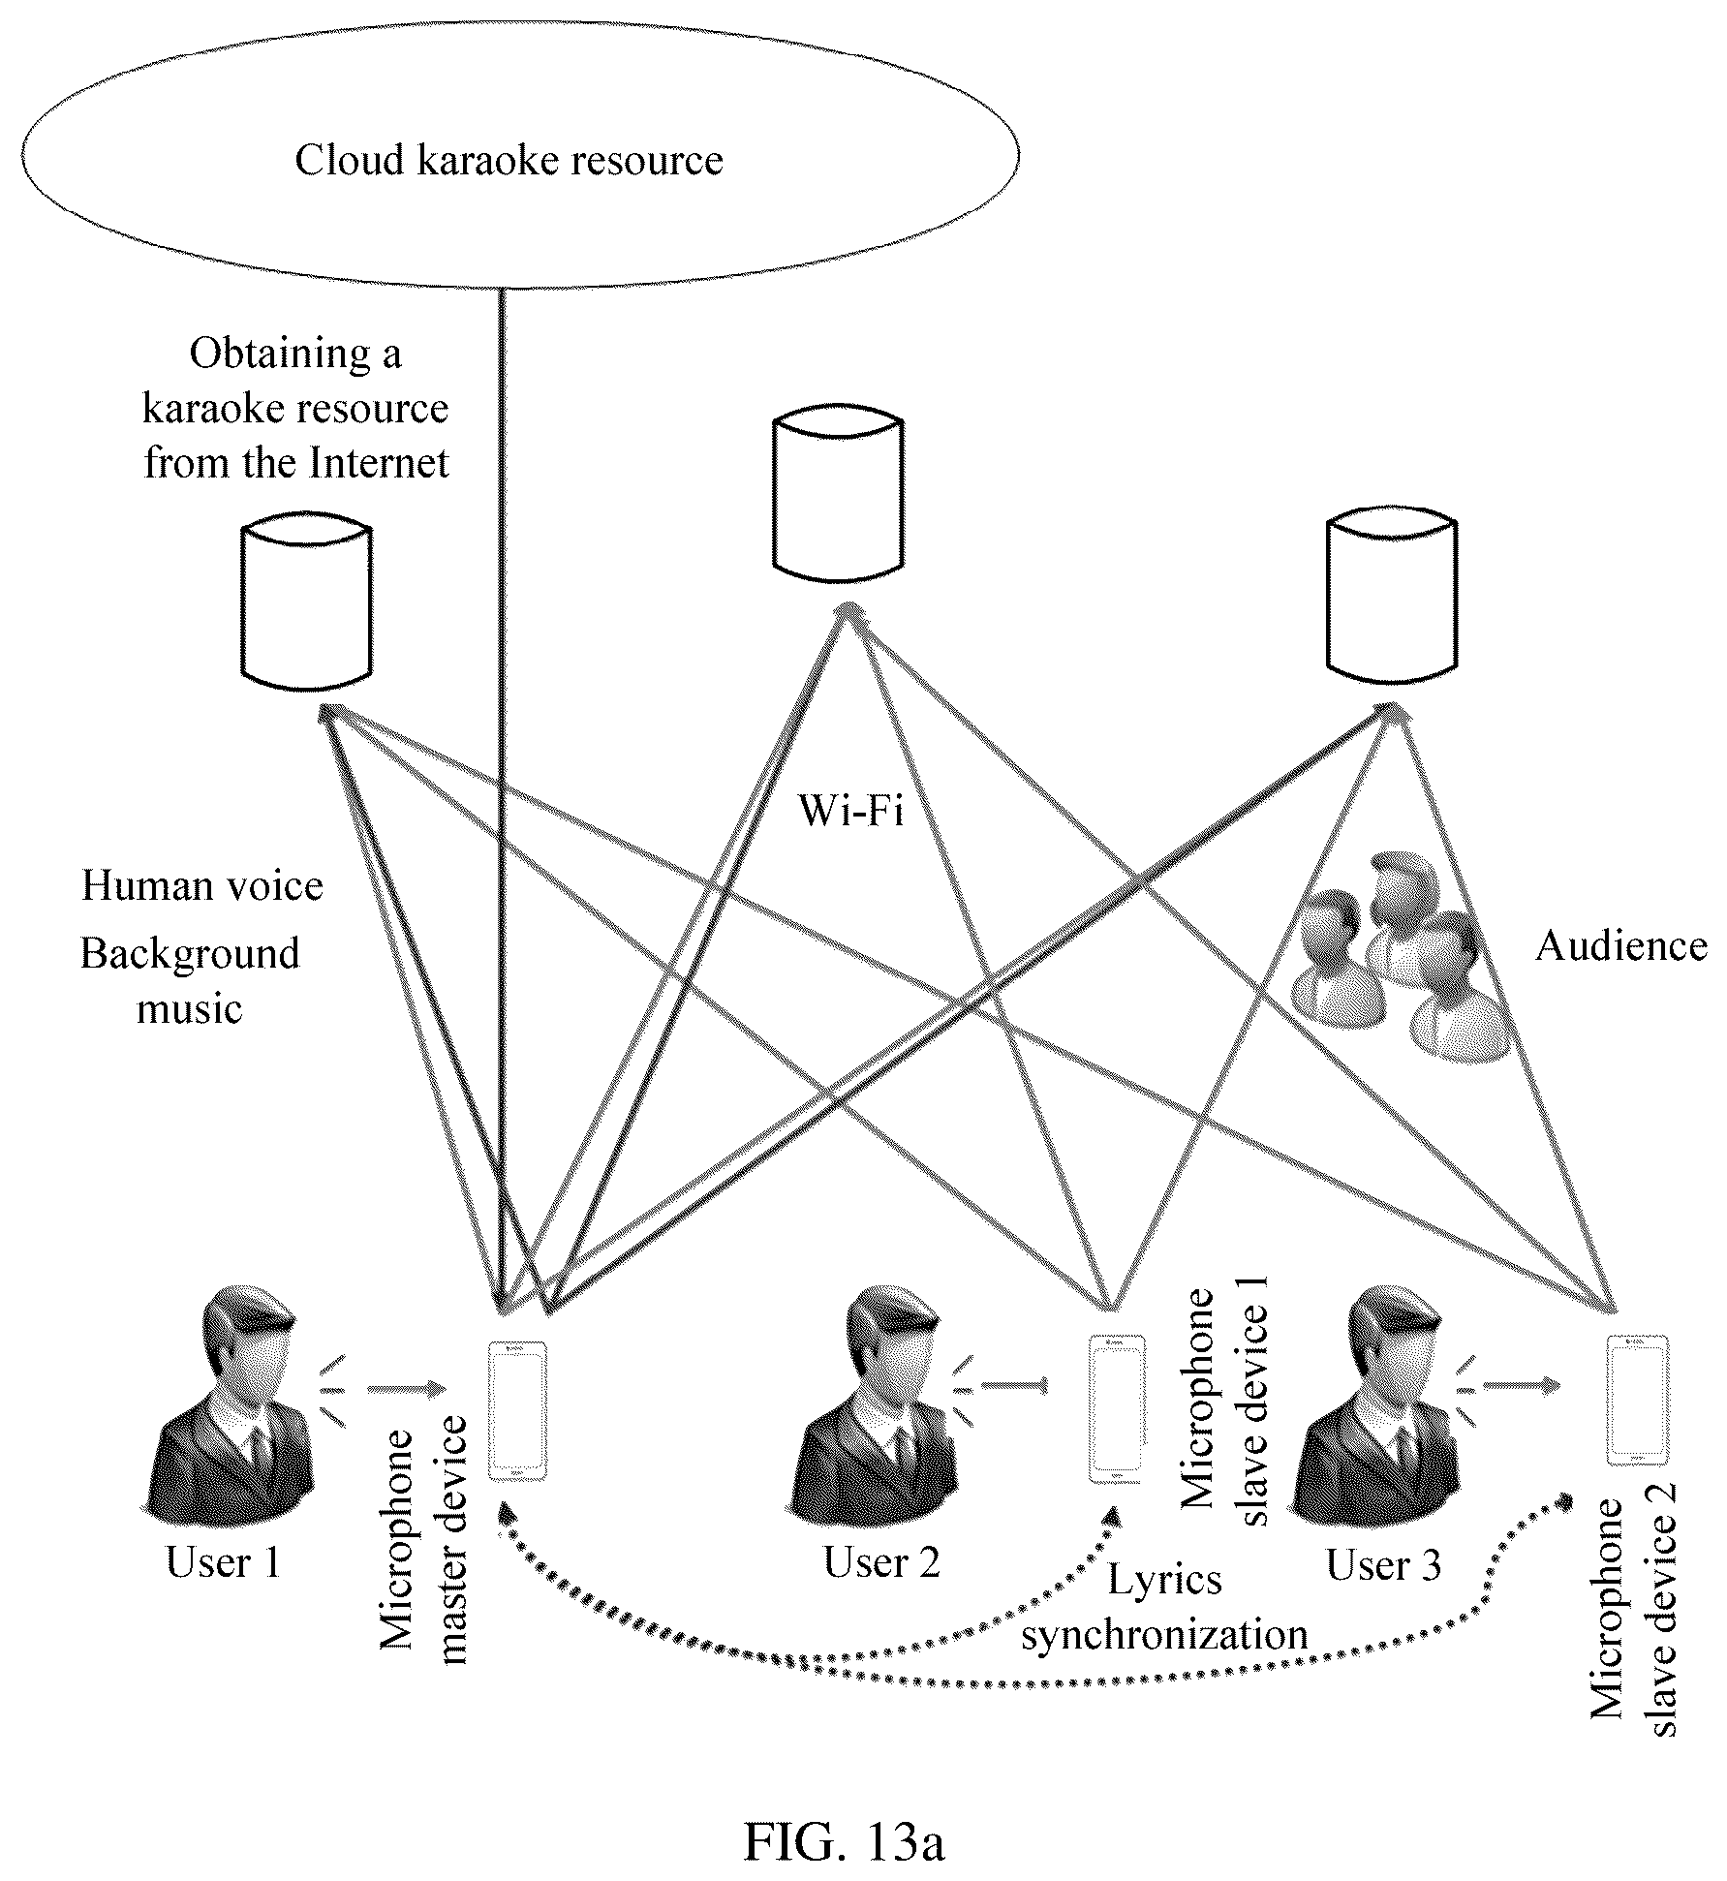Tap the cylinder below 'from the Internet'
click(x=305, y=604)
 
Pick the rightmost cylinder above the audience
click(x=1391, y=596)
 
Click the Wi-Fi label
click(x=850, y=811)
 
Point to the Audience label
click(x=1621, y=945)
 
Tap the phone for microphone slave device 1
click(x=1117, y=1407)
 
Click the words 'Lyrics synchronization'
click(x=1164, y=1607)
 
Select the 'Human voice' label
click(x=202, y=885)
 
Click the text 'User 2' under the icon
click(x=881, y=1561)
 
